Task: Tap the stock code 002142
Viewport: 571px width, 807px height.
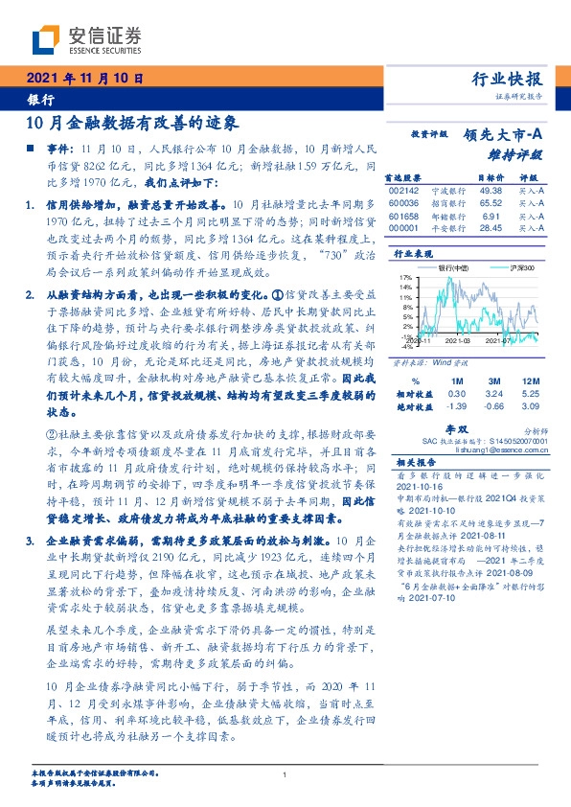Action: point(405,191)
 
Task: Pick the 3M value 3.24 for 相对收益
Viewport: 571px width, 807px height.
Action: point(493,393)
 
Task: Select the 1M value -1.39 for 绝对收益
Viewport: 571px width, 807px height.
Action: point(458,405)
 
